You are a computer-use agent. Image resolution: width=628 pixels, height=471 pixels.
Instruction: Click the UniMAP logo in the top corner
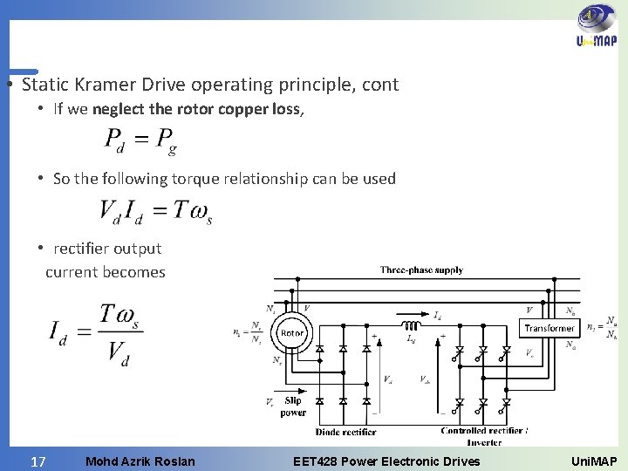tap(596, 30)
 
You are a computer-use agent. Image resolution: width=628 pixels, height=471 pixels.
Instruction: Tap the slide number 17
tap(38, 461)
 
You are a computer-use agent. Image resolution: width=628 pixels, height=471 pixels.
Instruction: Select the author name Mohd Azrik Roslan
tap(140, 461)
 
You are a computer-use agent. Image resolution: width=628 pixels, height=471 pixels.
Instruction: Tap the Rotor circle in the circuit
tap(291, 332)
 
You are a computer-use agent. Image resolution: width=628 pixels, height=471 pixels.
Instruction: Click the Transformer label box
tap(549, 328)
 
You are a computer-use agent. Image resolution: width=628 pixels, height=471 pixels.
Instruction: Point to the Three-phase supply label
tap(421, 270)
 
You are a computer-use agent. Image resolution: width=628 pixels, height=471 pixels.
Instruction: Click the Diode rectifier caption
tap(345, 432)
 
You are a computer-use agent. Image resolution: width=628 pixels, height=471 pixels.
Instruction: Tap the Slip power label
tap(293, 406)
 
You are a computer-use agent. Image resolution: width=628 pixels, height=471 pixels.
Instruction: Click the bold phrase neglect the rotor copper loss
tap(196, 109)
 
